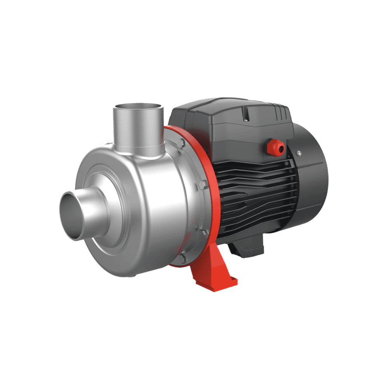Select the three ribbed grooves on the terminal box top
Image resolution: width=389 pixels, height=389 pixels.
[x=280, y=113]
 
